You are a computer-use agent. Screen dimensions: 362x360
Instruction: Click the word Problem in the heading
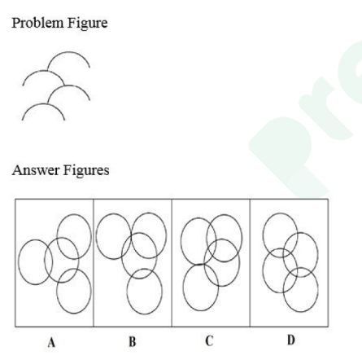[x=37, y=23]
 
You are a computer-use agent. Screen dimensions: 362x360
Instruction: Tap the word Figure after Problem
[x=87, y=24]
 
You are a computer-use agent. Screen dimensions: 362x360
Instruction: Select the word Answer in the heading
[x=36, y=170]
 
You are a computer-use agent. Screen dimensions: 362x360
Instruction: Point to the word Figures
[x=86, y=171]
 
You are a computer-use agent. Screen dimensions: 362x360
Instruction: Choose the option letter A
[x=51, y=342]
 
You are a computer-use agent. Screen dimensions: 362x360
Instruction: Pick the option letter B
[x=133, y=342]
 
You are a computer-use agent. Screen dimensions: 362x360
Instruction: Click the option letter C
[x=209, y=341]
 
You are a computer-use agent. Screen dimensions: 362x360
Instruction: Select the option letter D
[x=291, y=340]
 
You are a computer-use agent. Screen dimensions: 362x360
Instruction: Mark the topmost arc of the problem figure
[x=68, y=52]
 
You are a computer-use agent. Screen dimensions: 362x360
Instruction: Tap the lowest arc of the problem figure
[x=43, y=104]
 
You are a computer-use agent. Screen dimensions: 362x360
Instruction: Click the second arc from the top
[x=43, y=71]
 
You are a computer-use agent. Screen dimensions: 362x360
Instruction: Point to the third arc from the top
[x=69, y=86]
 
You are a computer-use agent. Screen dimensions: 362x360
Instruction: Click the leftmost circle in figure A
[x=18, y=262]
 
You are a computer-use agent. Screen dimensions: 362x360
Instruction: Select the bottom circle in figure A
[x=74, y=314]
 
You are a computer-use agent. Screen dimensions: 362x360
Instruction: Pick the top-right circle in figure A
[x=74, y=214]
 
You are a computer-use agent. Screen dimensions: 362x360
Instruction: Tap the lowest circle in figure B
[x=145, y=314]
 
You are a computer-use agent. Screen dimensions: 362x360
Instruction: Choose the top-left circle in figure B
[x=96, y=236]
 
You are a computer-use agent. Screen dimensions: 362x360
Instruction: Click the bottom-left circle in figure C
[x=201, y=310]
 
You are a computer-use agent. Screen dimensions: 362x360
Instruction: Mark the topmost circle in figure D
[x=280, y=213]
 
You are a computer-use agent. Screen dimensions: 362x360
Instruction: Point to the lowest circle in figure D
[x=301, y=312]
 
